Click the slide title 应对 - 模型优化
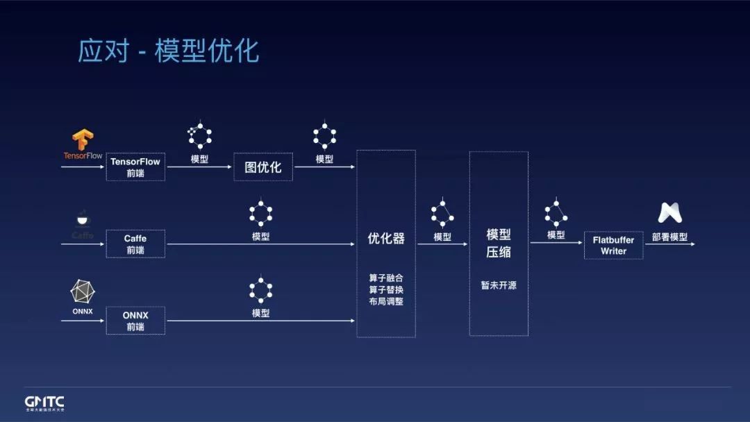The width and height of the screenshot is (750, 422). [x=168, y=51]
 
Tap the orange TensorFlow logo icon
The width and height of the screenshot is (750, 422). [x=83, y=140]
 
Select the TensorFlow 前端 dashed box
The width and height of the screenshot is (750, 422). [x=135, y=167]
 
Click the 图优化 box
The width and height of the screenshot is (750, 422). [x=263, y=167]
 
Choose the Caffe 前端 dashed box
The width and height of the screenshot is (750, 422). [x=135, y=244]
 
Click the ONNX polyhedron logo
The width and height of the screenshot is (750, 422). [x=83, y=292]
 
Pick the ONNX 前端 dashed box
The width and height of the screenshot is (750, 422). [x=135, y=321]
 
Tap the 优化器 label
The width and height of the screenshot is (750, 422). [x=386, y=239]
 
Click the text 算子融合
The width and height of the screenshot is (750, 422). [x=386, y=278]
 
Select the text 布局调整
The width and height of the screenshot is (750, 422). [x=386, y=301]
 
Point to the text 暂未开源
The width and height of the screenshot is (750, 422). [x=499, y=285]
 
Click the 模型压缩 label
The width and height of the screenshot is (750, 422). [x=499, y=243]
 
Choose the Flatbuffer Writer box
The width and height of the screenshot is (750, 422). [x=613, y=245]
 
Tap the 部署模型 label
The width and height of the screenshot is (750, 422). [x=669, y=237]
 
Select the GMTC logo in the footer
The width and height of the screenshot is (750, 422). [x=44, y=403]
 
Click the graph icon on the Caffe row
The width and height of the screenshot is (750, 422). [x=260, y=214]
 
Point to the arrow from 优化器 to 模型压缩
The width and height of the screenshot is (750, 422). [x=442, y=244]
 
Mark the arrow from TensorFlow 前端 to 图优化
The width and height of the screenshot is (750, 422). [x=199, y=167]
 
